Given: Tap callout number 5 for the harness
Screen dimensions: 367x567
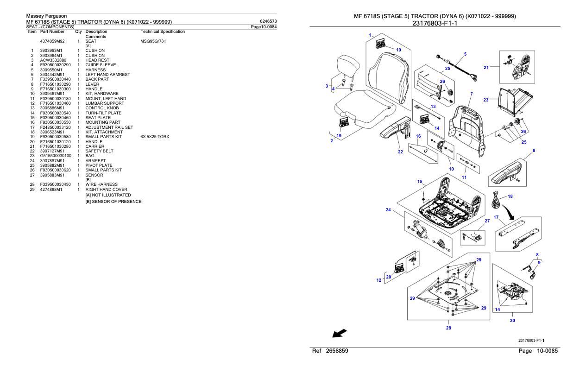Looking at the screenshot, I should pos(465,54).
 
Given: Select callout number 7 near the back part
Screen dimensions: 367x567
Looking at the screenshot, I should pos(471,94).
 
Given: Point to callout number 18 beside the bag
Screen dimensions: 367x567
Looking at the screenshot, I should pos(510,196).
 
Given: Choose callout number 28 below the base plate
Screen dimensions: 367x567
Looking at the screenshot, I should pos(448,328).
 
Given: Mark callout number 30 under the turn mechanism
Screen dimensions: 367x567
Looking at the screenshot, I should pos(512,320).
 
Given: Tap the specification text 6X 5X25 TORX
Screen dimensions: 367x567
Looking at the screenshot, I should pos(155,137).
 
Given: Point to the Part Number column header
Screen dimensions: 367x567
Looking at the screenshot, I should pos(52,32).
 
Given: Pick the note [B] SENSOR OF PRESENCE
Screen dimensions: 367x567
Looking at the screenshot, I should pos(113,202).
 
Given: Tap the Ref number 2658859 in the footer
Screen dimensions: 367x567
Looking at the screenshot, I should pos(337,351).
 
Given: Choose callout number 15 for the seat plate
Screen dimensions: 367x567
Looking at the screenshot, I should pos(420,181).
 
